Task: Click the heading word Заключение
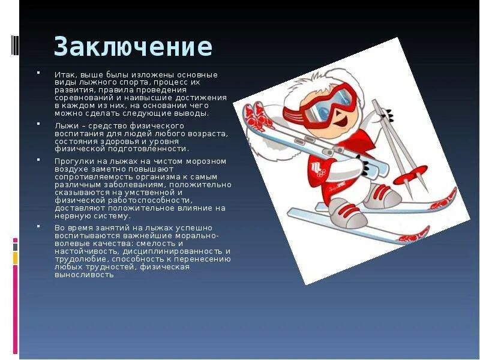pyautogui.click(x=133, y=46)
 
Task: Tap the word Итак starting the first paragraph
pyautogui.click(x=63, y=74)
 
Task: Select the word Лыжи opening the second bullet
pyautogui.click(x=64, y=125)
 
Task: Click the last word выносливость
pyautogui.click(x=84, y=274)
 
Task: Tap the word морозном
pyautogui.click(x=207, y=161)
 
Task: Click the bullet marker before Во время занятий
pyautogui.click(x=39, y=227)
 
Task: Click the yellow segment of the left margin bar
pyautogui.click(x=16, y=258)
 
